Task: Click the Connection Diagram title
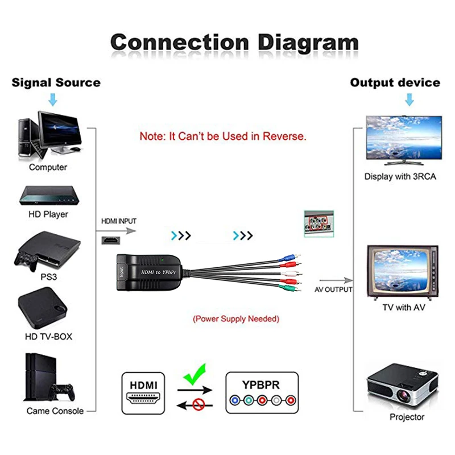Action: [234, 42]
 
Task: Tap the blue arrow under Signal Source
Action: [53, 100]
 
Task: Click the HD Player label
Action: [48, 214]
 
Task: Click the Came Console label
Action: [55, 411]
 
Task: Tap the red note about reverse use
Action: [223, 136]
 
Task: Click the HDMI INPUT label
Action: [119, 221]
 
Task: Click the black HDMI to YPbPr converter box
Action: [150, 272]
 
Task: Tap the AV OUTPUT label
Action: [334, 289]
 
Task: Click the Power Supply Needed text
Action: [236, 319]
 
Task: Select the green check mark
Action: [195, 376]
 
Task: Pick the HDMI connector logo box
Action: [143, 392]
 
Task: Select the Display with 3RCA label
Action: [400, 176]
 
